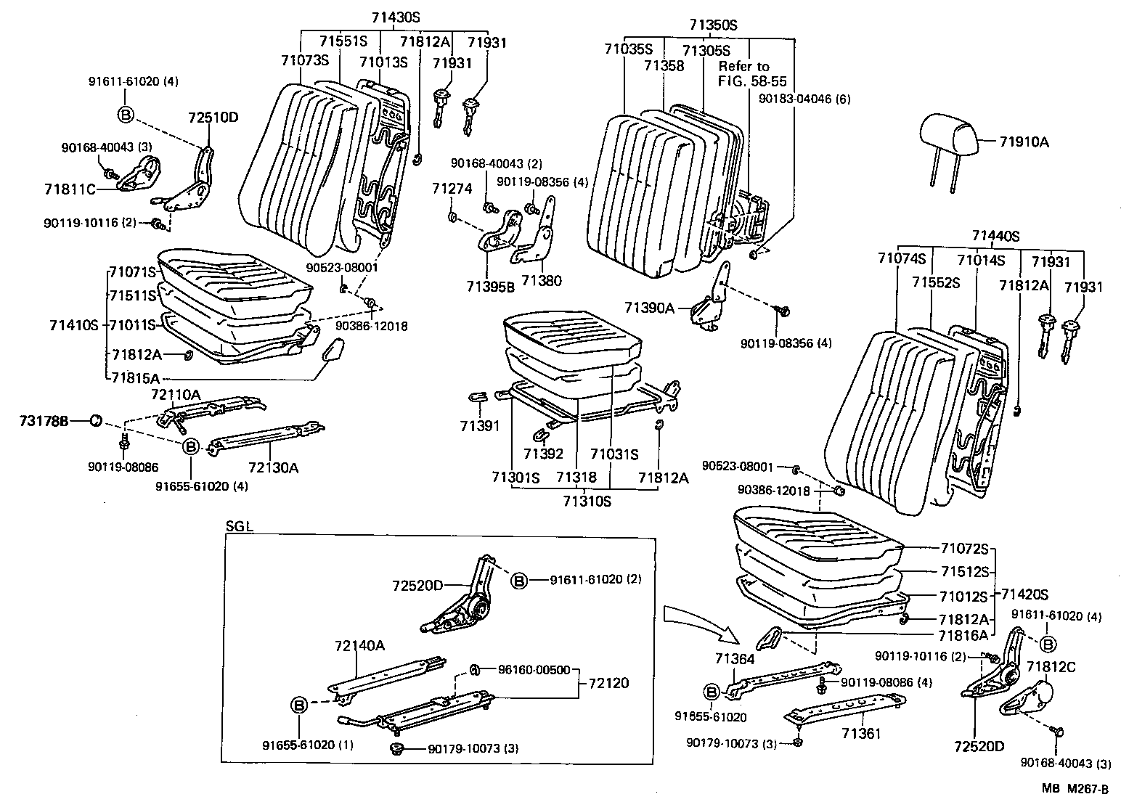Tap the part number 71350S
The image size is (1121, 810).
(x=713, y=25)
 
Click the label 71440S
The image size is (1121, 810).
(x=995, y=235)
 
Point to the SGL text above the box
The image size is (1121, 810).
(x=239, y=527)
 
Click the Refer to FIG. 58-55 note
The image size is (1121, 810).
(x=752, y=74)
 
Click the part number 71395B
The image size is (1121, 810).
(x=491, y=286)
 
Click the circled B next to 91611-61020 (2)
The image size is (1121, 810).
(x=520, y=580)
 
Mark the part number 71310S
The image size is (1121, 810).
(x=586, y=500)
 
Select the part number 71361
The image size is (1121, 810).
(x=861, y=733)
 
